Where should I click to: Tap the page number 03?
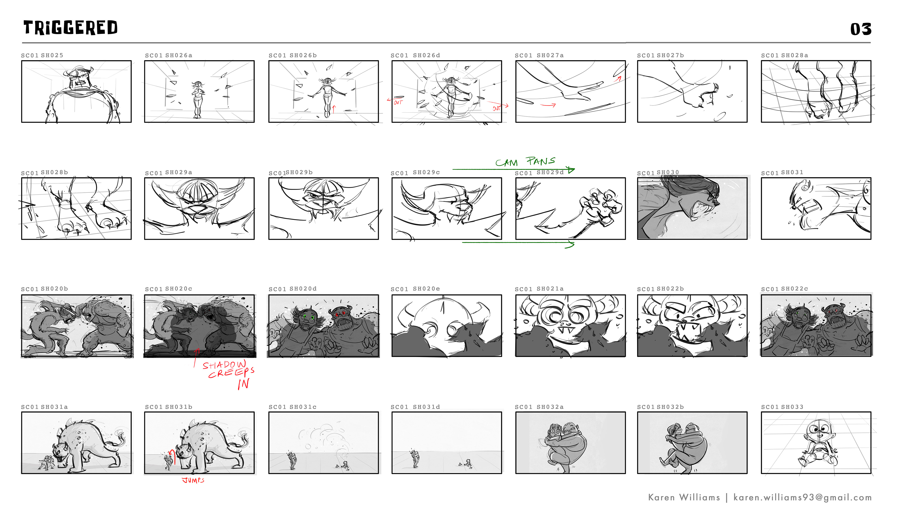(861, 29)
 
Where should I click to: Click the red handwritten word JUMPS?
(193, 480)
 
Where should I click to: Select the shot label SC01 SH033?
(782, 407)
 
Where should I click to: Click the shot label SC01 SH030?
(658, 172)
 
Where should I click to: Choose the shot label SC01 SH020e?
(415, 289)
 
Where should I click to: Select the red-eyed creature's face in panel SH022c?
(835, 316)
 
